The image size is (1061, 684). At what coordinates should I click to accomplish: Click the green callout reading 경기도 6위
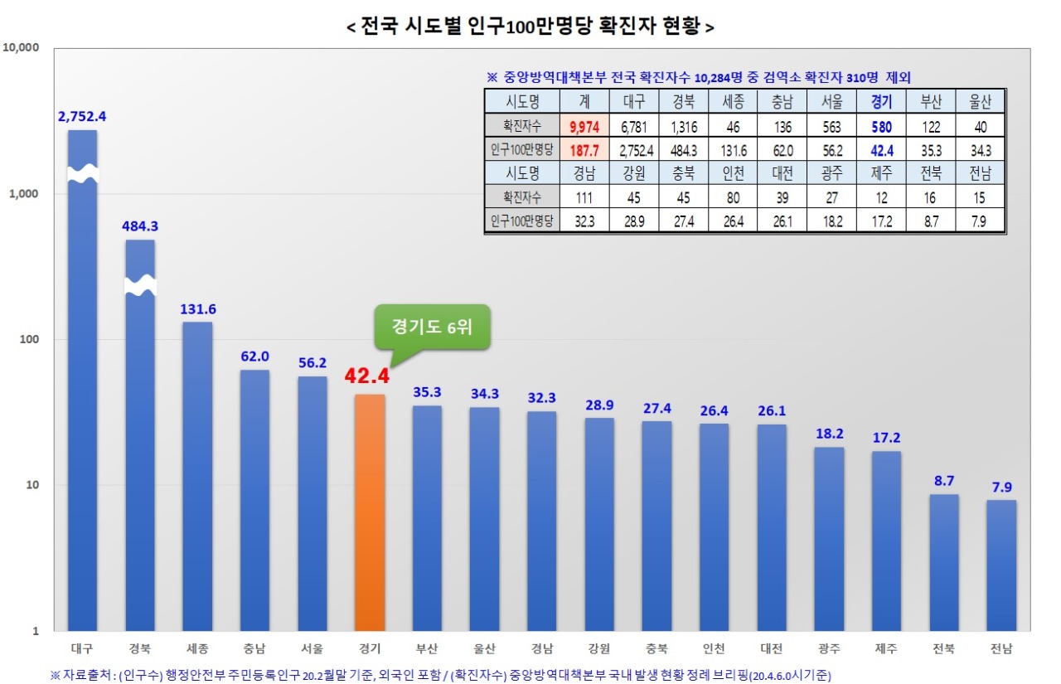pyautogui.click(x=431, y=327)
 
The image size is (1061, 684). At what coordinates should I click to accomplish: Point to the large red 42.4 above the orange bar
pyautogui.click(x=367, y=376)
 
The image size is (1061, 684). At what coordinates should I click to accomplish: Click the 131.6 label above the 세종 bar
pyautogui.click(x=197, y=309)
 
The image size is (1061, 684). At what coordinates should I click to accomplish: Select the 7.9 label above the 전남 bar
pyautogui.click(x=1001, y=488)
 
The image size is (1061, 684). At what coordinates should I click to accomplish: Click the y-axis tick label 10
pyautogui.click(x=31, y=485)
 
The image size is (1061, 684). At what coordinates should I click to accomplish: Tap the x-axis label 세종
pyautogui.click(x=197, y=648)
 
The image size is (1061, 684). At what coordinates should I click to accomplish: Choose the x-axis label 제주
pyautogui.click(x=886, y=648)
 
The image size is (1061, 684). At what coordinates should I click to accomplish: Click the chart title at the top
pyautogui.click(x=530, y=27)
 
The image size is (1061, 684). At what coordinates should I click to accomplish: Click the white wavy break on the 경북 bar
pyautogui.click(x=140, y=285)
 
